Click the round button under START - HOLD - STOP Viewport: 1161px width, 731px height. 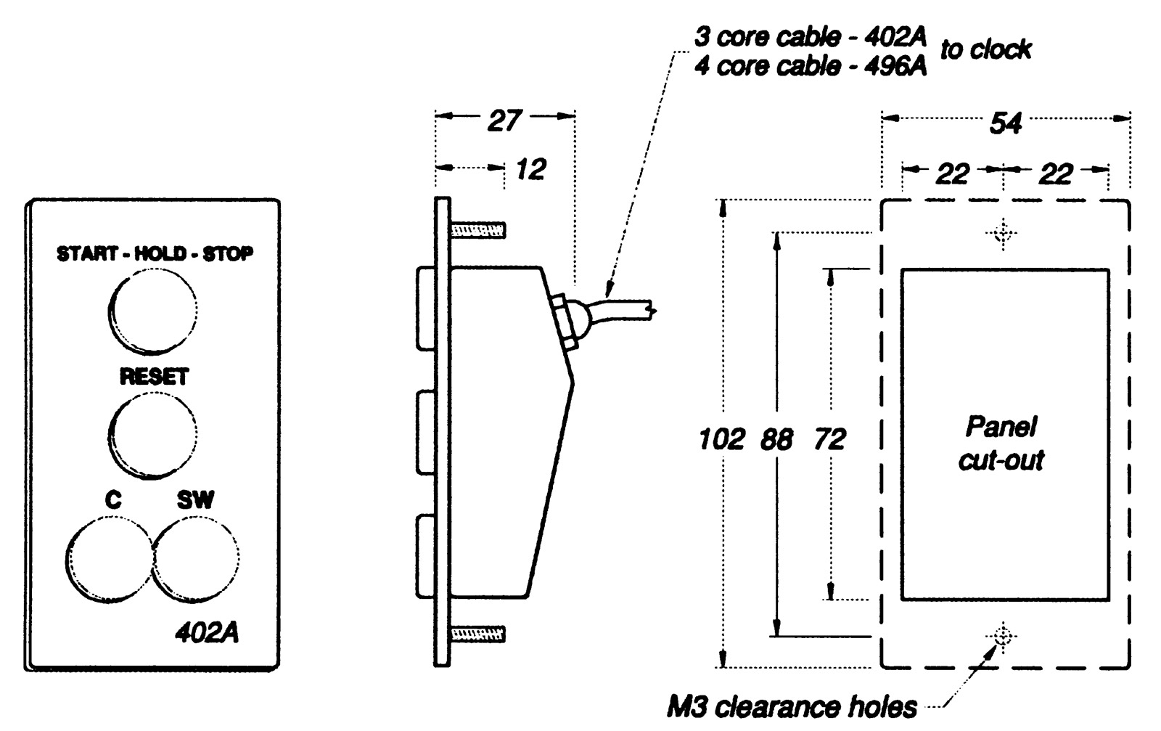152,311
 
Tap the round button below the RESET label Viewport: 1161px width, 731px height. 152,435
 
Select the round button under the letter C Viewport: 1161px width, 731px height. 110,558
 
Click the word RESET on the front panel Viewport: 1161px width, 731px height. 154,377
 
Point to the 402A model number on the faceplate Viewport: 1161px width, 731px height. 207,633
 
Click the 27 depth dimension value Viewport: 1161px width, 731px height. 504,121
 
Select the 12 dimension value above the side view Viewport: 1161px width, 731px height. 530,169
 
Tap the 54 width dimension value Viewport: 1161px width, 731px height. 1006,123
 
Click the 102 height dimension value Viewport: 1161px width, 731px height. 721,439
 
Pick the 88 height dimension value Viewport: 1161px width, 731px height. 776,439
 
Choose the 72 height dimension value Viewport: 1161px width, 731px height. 830,439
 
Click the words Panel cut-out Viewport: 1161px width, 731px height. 1001,443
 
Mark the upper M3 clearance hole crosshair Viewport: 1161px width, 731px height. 1003,234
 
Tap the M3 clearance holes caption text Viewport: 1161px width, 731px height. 792,706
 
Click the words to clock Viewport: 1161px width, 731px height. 985,49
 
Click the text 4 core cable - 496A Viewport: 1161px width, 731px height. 810,67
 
